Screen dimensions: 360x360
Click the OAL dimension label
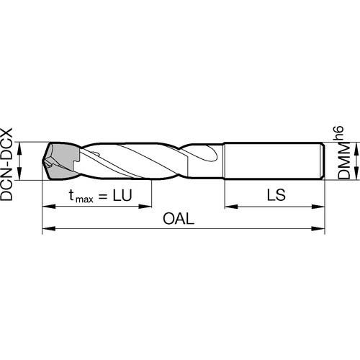(x=179, y=219)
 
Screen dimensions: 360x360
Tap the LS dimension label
(x=276, y=195)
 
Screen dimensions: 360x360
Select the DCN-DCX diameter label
(x=6, y=164)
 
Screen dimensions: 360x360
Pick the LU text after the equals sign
(x=122, y=195)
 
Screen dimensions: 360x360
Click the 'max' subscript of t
(x=84, y=199)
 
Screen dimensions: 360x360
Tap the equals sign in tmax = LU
(x=103, y=197)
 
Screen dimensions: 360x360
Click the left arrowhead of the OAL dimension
(x=49, y=228)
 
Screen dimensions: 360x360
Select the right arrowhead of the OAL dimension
(x=318, y=228)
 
